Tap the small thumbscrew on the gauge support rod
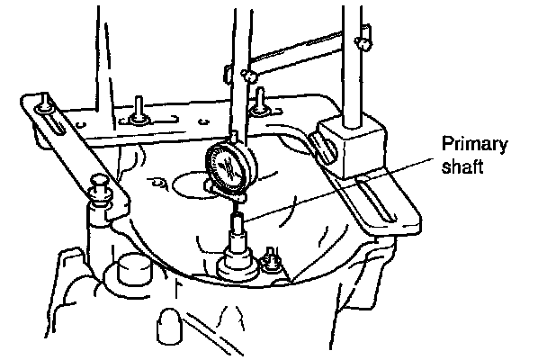point(242,73)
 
